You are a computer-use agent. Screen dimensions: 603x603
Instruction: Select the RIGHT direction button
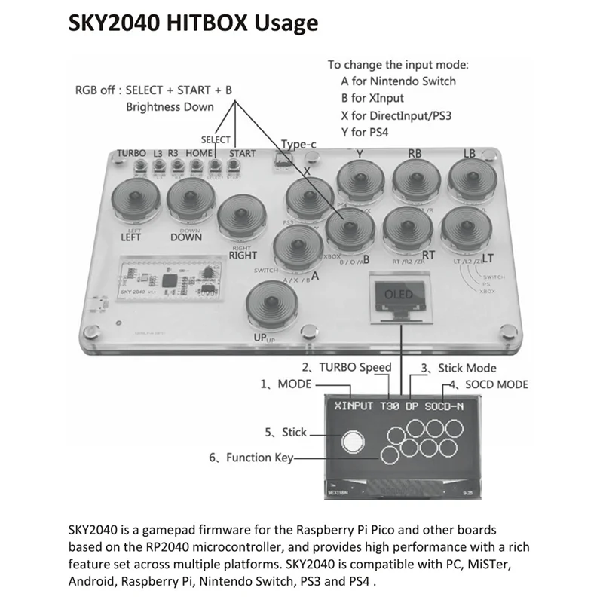point(243,216)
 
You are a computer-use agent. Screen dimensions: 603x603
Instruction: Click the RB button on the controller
point(416,179)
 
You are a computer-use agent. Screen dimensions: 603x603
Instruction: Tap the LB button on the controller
point(472,179)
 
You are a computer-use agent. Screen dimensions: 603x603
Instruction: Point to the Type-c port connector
point(283,160)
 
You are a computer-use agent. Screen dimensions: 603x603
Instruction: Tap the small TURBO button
point(139,165)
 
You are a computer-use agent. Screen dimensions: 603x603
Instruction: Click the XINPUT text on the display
point(354,405)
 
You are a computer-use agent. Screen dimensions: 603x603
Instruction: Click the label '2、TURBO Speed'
point(347,368)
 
